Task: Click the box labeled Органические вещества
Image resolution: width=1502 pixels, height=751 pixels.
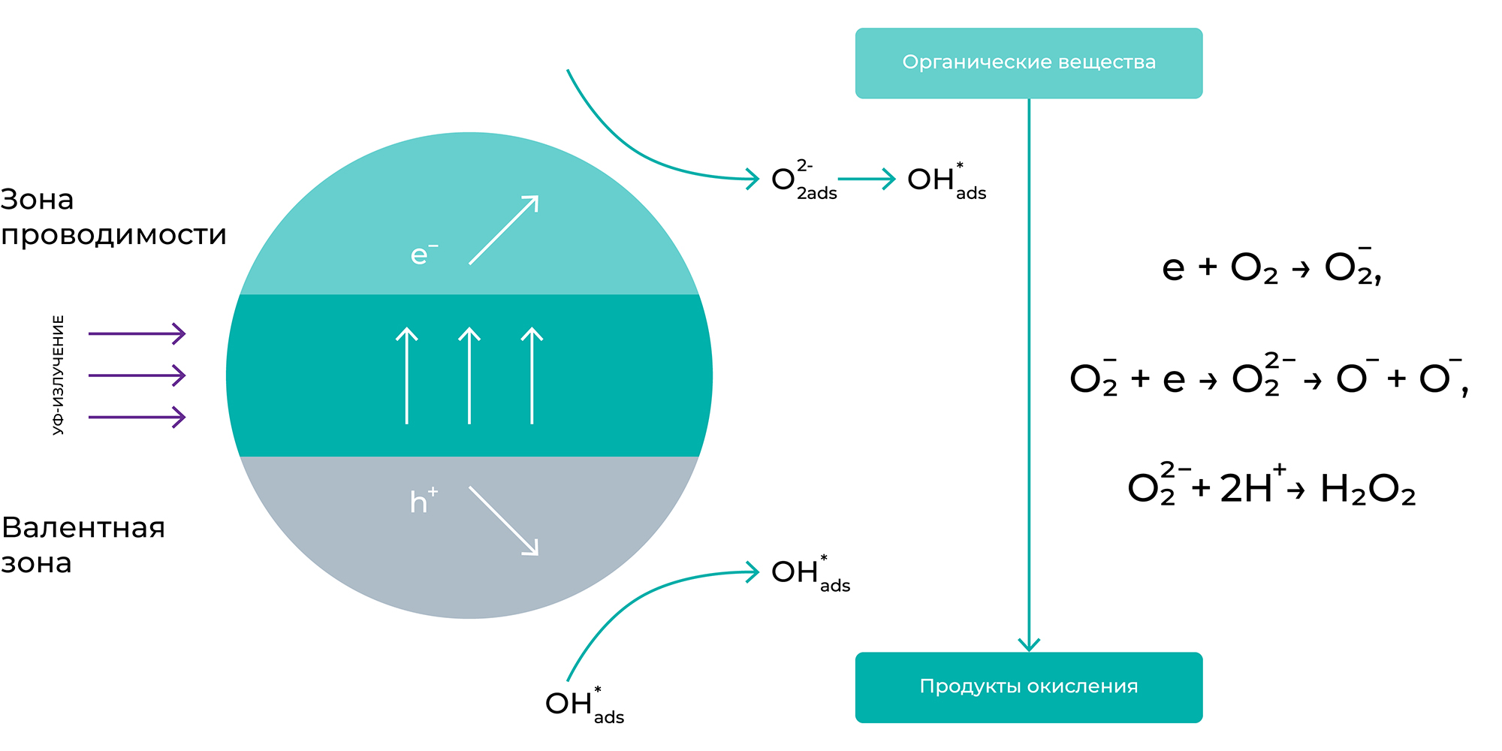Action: tap(1029, 63)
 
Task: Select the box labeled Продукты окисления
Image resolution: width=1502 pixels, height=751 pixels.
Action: tap(1029, 687)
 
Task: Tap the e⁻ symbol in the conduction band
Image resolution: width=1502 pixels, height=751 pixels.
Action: tap(424, 255)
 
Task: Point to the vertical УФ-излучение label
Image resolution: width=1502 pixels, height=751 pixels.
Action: tap(58, 375)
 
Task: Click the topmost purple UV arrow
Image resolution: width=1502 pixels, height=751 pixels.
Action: tap(137, 333)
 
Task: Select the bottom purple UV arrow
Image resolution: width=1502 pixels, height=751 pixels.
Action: tap(137, 417)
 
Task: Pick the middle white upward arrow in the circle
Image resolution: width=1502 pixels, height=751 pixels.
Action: tap(469, 375)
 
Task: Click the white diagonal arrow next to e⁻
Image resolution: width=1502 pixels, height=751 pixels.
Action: tap(504, 230)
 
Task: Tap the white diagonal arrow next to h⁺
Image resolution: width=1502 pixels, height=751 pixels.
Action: tap(504, 520)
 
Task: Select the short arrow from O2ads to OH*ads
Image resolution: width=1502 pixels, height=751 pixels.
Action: tap(866, 179)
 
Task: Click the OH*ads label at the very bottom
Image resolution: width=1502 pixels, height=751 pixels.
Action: tap(584, 705)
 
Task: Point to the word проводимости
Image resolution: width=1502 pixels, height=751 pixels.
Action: tap(113, 236)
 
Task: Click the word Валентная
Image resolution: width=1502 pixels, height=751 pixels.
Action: tap(83, 528)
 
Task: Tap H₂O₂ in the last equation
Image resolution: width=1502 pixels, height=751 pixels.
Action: tap(1368, 490)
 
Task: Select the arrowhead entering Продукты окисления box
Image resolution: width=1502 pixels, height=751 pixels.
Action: tap(1029, 644)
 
